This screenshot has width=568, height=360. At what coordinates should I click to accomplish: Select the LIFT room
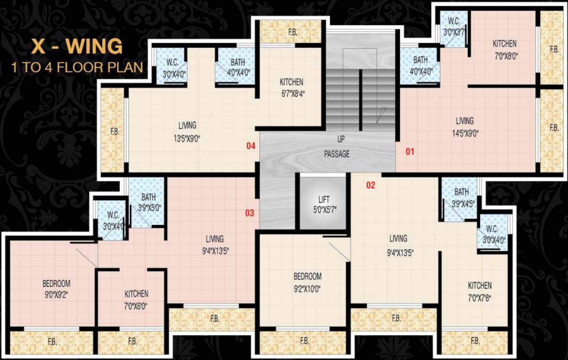323,204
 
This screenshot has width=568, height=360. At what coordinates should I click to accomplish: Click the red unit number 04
251,146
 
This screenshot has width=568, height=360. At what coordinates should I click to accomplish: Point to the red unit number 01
410,151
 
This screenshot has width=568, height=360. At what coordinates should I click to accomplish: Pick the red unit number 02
371,185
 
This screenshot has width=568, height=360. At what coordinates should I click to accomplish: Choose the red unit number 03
250,213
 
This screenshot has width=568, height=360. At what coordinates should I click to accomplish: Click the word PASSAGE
336,154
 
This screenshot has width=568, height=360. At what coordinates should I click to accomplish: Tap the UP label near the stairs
340,139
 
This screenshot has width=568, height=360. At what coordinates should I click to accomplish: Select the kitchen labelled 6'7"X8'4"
291,87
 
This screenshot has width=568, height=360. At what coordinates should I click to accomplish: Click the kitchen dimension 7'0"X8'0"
504,55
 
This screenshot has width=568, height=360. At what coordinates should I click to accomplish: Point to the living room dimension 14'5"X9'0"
464,133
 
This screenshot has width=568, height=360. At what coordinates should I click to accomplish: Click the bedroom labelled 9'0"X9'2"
56,289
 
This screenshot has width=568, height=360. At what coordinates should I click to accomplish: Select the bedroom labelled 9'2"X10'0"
307,282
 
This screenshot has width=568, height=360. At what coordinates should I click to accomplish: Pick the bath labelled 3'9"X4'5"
461,197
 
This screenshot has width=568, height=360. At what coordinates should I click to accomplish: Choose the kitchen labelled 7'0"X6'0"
136,299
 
